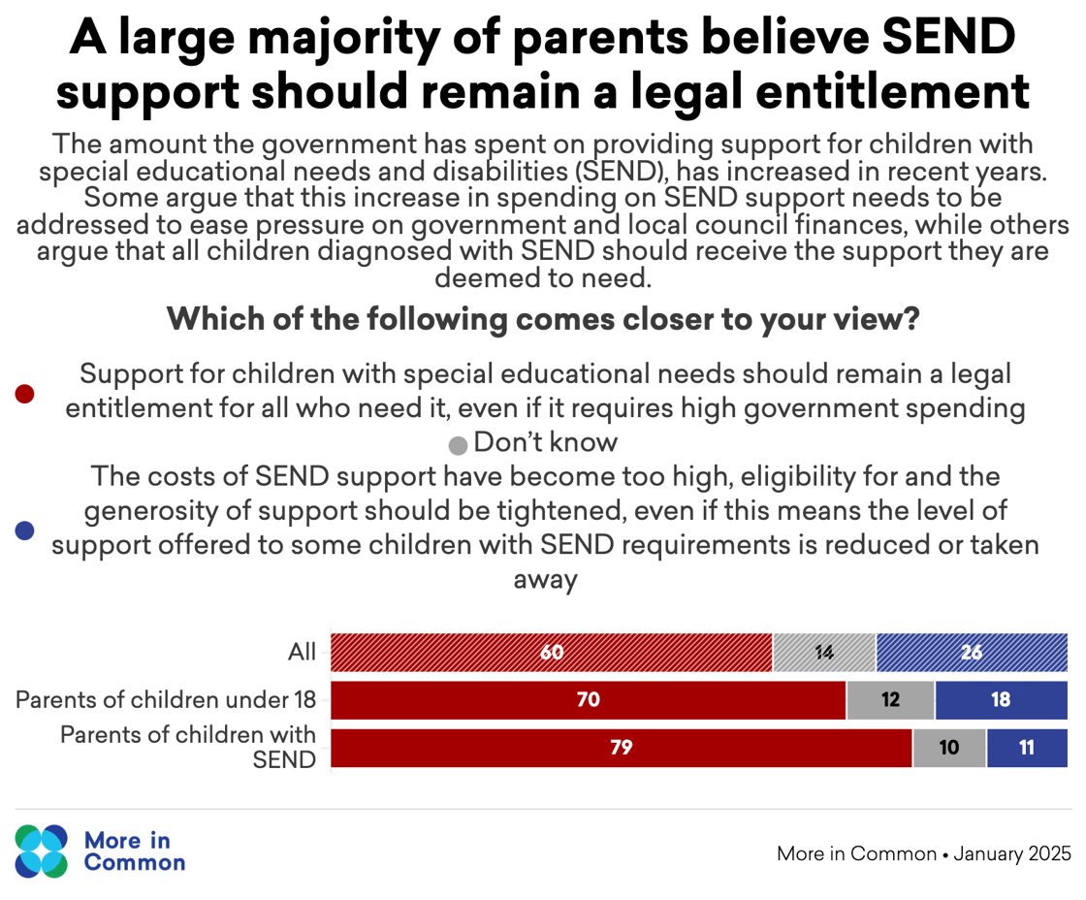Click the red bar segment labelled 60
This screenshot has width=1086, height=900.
pos(551,653)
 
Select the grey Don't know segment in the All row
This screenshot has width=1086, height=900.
pos(824,653)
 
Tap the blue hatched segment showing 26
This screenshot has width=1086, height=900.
pos(972,653)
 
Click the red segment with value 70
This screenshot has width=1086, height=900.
pos(588,700)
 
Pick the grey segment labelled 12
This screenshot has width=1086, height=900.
pos(890,700)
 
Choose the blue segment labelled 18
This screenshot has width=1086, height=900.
pos(1001,700)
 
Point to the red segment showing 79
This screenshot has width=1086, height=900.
pos(621,748)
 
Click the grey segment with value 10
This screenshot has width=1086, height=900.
pos(949,748)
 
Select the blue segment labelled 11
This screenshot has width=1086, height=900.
pos(1027,748)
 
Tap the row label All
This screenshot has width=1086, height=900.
pos(302,653)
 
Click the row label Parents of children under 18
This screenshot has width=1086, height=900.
pos(166,700)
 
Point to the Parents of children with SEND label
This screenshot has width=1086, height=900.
pos(188,747)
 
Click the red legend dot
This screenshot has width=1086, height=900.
pos(25,393)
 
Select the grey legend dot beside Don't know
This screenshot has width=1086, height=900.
pos(458,446)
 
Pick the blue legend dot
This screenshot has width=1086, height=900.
pos(25,530)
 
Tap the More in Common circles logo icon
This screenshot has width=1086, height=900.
pos(42,852)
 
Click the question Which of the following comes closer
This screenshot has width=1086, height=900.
pos(543,319)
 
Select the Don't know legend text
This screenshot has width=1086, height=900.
pos(546,443)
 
